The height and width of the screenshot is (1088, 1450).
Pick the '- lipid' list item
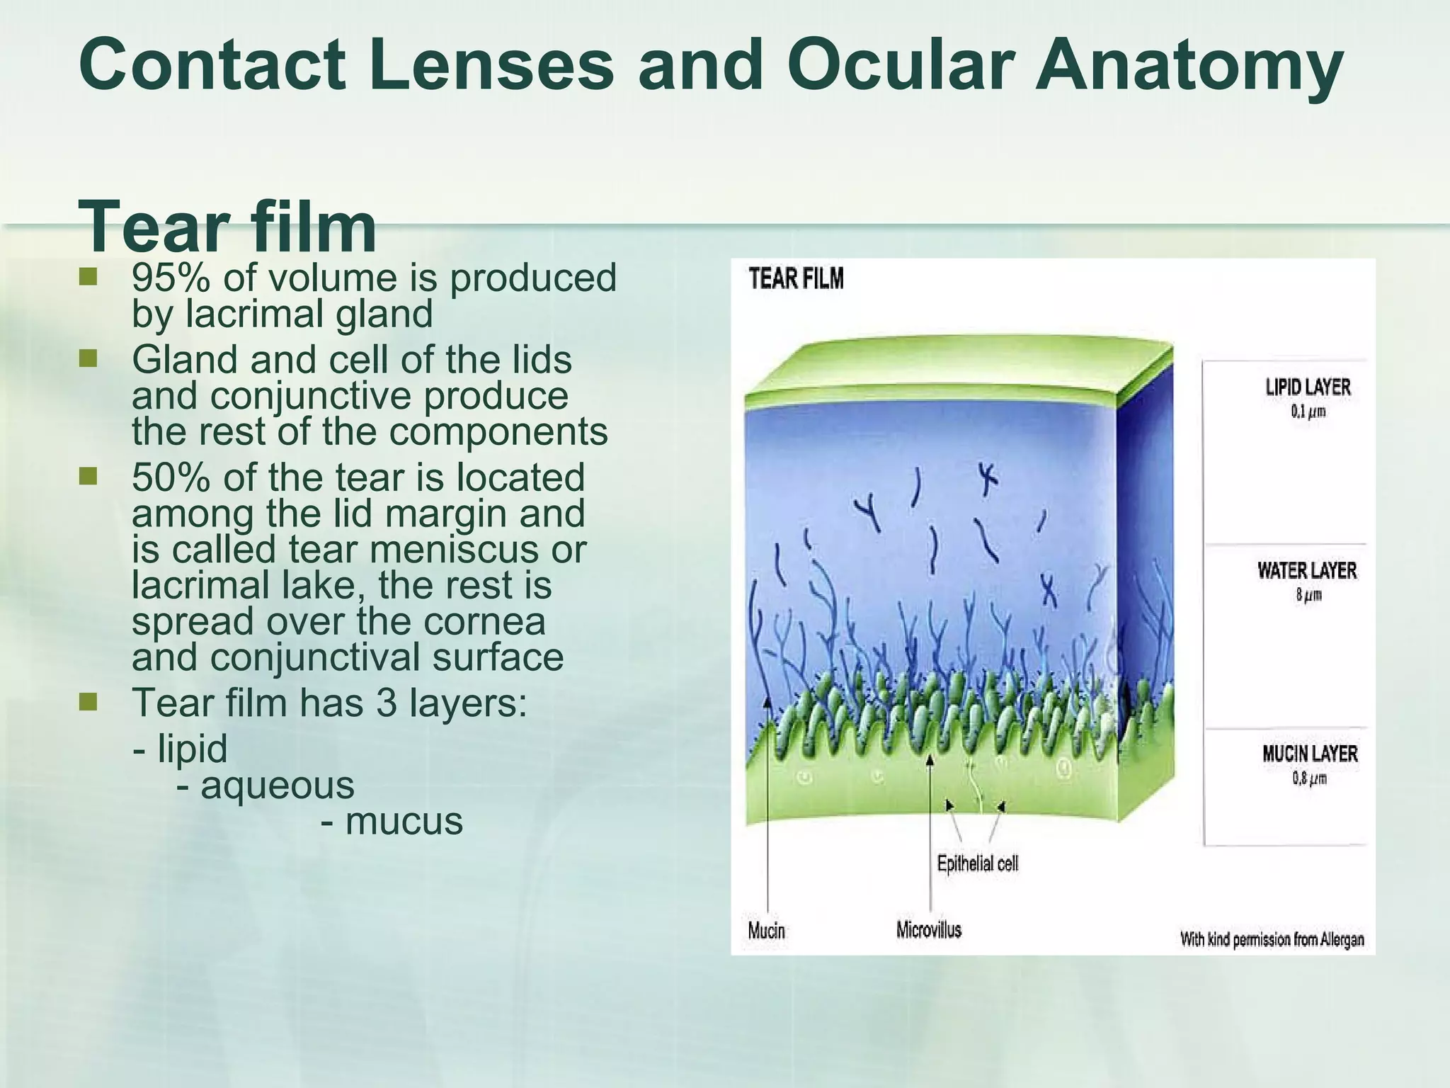tap(181, 749)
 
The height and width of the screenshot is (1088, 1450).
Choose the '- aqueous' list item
tap(266, 786)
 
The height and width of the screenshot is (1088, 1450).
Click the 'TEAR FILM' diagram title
tap(796, 278)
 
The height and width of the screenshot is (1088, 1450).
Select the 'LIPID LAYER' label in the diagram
tap(1308, 387)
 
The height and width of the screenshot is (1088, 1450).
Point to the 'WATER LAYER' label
tap(1307, 570)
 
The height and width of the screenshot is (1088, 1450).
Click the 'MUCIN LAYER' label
tap(1310, 754)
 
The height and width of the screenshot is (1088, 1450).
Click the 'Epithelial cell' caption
tap(977, 863)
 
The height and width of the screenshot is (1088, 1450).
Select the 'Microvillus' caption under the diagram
tap(928, 929)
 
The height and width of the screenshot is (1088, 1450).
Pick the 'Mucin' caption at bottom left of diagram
tap(766, 930)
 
